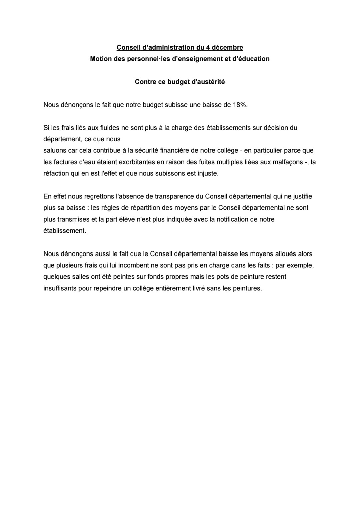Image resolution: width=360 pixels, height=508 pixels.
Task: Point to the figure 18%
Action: [x=239, y=105]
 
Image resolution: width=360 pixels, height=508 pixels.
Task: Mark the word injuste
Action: [x=208, y=174]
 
